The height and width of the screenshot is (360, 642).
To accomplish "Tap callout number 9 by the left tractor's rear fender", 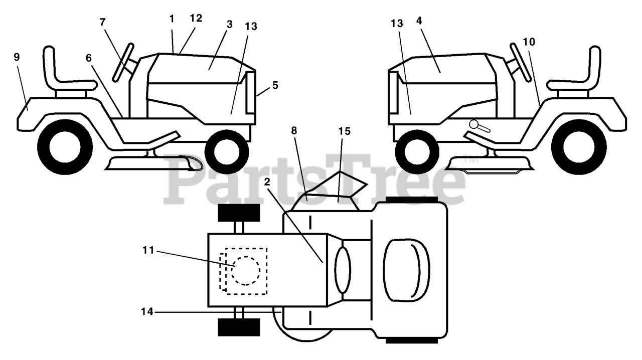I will pyautogui.click(x=17, y=57).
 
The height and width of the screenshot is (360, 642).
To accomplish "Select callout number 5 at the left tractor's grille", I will pyautogui.click(x=275, y=85).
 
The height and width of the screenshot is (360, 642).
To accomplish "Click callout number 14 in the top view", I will pyautogui.click(x=147, y=312).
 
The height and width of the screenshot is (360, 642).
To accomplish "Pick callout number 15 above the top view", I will pyautogui.click(x=344, y=131).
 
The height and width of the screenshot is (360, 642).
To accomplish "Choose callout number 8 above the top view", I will pyautogui.click(x=293, y=131).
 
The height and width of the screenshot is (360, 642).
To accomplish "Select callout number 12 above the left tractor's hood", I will pyautogui.click(x=196, y=18).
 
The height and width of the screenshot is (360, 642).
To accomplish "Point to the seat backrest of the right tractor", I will pyautogui.click(x=595, y=65).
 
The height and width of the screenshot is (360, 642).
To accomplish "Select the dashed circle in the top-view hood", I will pyautogui.click(x=245, y=271).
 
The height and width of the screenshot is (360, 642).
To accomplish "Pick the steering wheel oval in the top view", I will pyautogui.click(x=343, y=270).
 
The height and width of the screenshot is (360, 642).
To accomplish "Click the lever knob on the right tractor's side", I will pyautogui.click(x=473, y=124).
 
